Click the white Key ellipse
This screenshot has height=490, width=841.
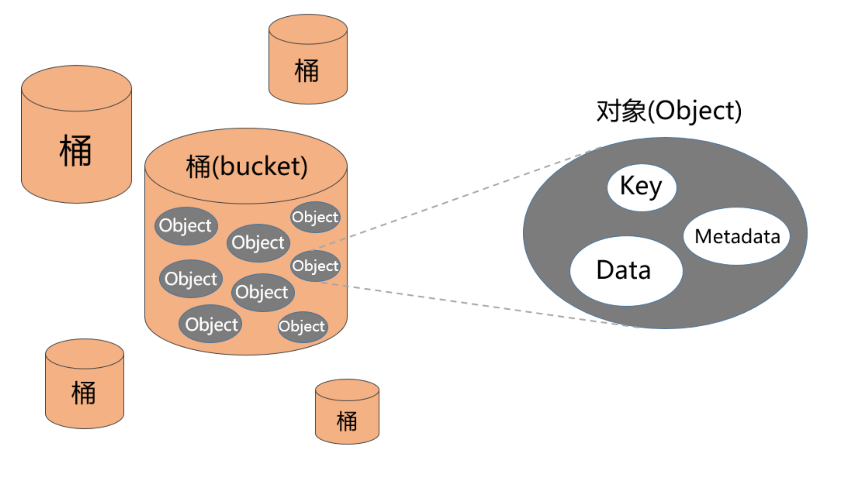[x=642, y=188]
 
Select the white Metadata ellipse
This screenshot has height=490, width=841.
[x=737, y=236]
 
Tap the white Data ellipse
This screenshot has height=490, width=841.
[x=626, y=271]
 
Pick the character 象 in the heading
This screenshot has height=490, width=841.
[x=634, y=111]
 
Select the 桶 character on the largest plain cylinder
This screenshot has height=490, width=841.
[x=75, y=151]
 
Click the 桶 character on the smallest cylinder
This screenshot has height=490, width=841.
[x=347, y=421]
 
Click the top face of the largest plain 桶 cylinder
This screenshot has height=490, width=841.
[x=77, y=88]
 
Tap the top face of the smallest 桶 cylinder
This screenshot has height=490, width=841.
[x=347, y=390]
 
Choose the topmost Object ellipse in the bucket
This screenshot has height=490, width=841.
[x=315, y=217]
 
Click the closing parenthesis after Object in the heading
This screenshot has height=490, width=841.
[x=738, y=111]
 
